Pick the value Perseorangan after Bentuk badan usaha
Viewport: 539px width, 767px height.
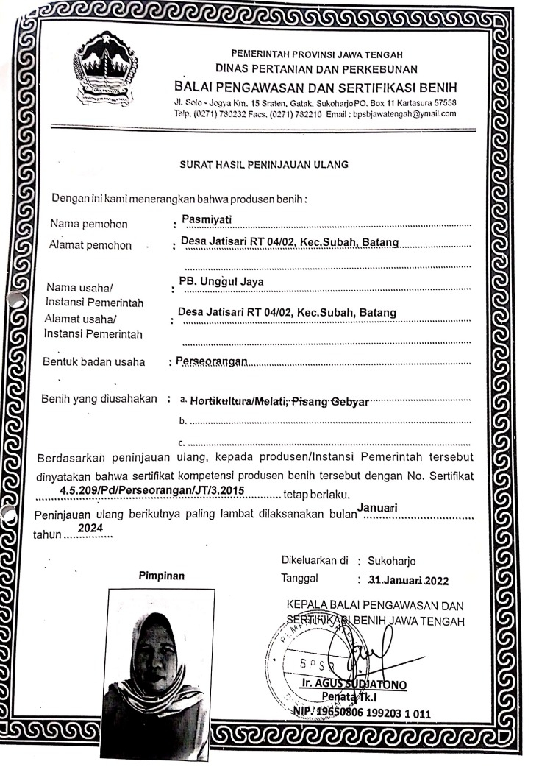pyautogui.click(x=210, y=361)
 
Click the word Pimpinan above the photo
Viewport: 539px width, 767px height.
pyautogui.click(x=160, y=576)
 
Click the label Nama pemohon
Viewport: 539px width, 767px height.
pyautogui.click(x=88, y=224)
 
